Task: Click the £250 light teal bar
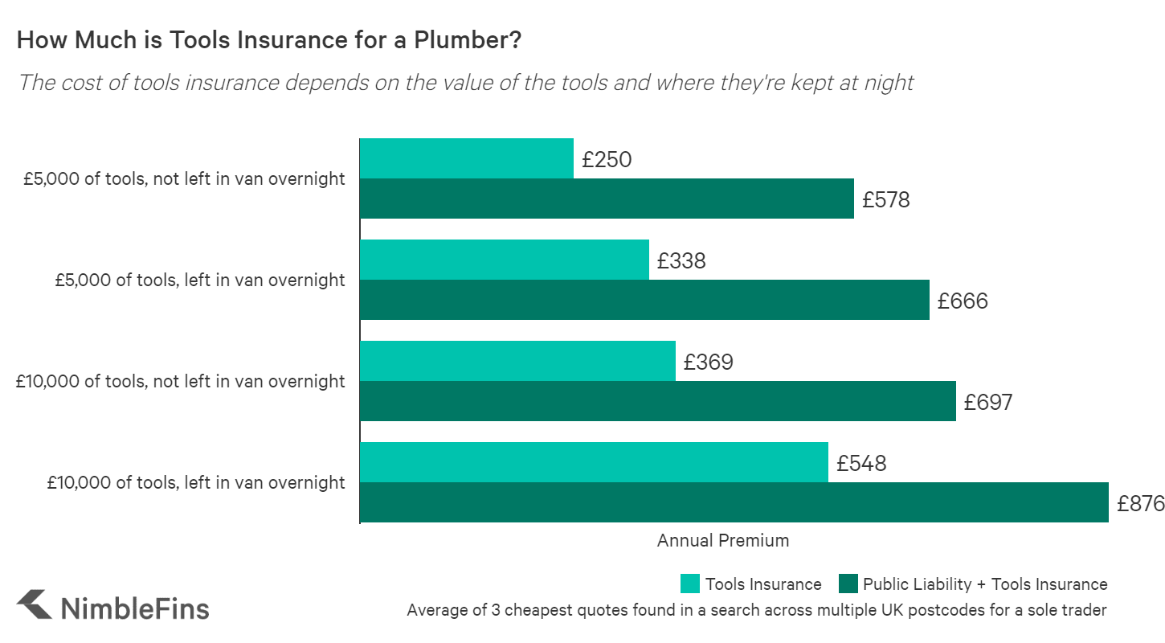coord(466,158)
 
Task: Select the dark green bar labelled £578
coord(607,199)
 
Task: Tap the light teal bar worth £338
coord(504,260)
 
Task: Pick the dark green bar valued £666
coord(644,300)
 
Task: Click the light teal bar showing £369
coord(517,361)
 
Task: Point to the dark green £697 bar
coord(657,401)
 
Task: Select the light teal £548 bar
coord(594,462)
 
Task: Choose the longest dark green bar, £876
coord(734,502)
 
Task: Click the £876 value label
coord(1140,504)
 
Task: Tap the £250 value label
coord(607,160)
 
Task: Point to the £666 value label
coord(963,301)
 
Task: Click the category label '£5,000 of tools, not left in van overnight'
coord(184,178)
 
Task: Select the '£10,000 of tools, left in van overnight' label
coord(195,482)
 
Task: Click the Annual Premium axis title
coord(723,540)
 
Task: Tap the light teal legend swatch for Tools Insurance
coord(690,584)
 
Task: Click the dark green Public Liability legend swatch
coord(848,584)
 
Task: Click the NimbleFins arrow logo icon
coord(35,604)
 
